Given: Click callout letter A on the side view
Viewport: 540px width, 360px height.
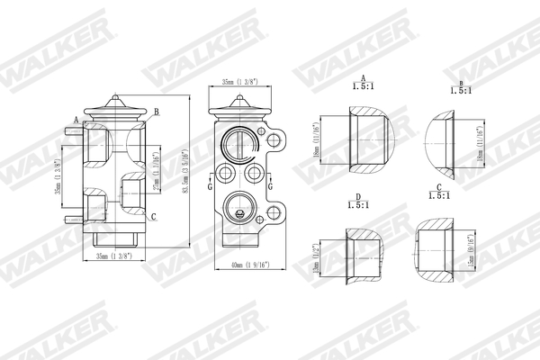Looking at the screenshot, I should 76,118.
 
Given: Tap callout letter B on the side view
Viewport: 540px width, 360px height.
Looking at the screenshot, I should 157,111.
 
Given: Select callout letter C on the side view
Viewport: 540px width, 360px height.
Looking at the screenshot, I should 153,217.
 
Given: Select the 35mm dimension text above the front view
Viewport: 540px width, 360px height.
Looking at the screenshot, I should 241,82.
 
